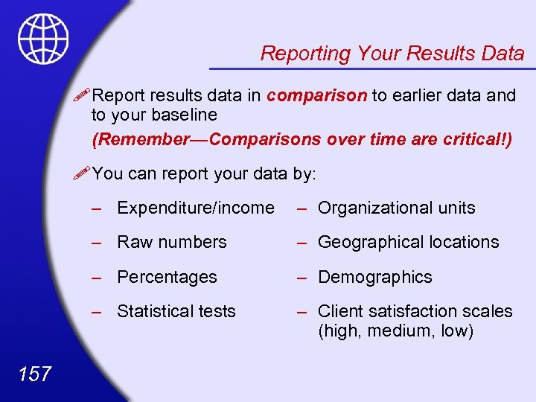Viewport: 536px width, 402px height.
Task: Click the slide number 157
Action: point(34,373)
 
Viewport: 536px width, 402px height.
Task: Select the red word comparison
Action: point(317,95)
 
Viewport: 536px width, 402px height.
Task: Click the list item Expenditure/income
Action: point(196,208)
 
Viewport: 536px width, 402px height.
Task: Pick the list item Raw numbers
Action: point(172,242)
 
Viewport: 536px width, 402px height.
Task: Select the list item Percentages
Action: point(167,277)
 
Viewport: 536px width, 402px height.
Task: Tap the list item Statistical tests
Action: point(176,311)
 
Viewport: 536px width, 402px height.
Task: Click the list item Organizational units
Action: point(396,208)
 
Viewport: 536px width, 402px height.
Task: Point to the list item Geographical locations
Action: point(408,242)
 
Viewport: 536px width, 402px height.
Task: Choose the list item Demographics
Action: point(374,277)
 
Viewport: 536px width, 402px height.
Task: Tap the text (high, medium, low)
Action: point(395,331)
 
